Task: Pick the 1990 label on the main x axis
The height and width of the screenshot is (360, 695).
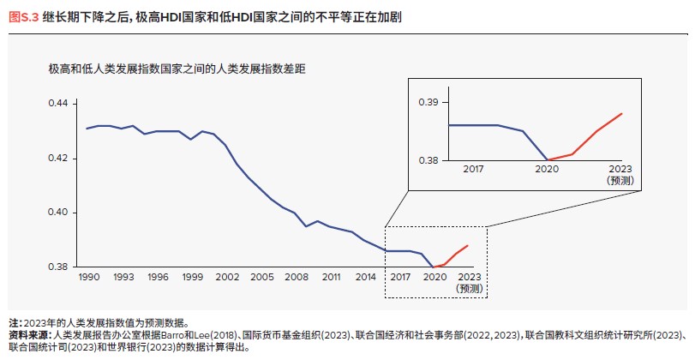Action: [x=88, y=278]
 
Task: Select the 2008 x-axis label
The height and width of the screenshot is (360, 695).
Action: [x=297, y=278]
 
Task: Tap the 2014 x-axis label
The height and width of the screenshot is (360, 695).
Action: [x=366, y=278]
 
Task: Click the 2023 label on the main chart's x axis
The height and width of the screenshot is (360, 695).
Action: [x=470, y=278]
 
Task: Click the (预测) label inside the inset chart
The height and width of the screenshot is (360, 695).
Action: [x=619, y=181]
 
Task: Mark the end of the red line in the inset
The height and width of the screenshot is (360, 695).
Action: [x=621, y=114]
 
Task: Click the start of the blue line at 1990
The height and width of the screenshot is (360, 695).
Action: [x=87, y=129]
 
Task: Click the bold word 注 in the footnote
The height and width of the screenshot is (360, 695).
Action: [x=13, y=323]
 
